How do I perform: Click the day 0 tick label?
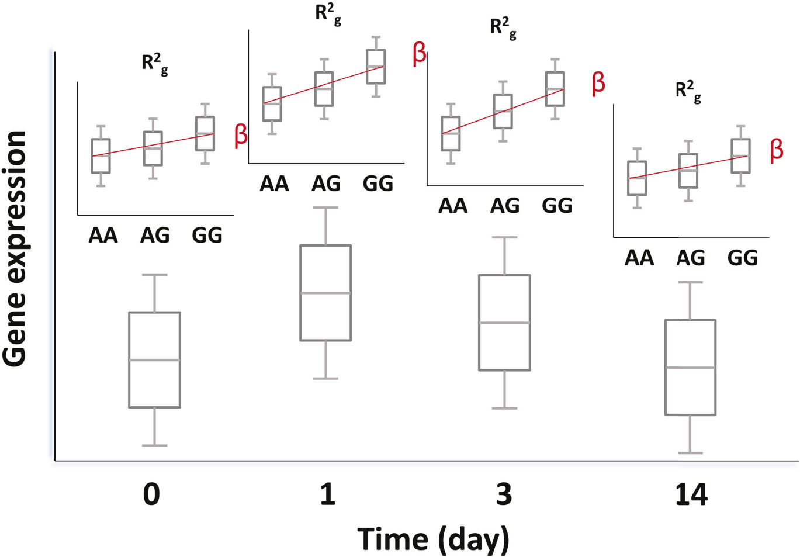coord(151,494)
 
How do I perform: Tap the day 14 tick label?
coord(691,494)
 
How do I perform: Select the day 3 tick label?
coord(504,494)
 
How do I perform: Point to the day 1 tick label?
coord(328,494)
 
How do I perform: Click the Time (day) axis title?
coord(433,539)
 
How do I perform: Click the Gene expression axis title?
coord(15,249)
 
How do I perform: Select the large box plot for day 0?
coord(154,360)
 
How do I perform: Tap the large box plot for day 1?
coord(325,293)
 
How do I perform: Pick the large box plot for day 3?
coord(504,323)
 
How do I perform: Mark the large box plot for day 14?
coord(690,368)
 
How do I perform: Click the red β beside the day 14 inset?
coord(776,150)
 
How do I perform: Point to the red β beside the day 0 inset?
coord(241,135)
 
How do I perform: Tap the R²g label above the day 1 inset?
coord(328,14)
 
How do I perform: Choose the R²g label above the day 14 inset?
coord(688,92)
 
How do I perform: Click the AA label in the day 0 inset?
coord(103,236)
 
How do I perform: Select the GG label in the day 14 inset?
coord(742,258)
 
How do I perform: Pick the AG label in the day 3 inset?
coord(505,206)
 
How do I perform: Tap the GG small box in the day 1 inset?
coord(376,67)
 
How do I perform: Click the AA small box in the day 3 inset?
coord(451,134)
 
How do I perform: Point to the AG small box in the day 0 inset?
coord(153,148)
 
